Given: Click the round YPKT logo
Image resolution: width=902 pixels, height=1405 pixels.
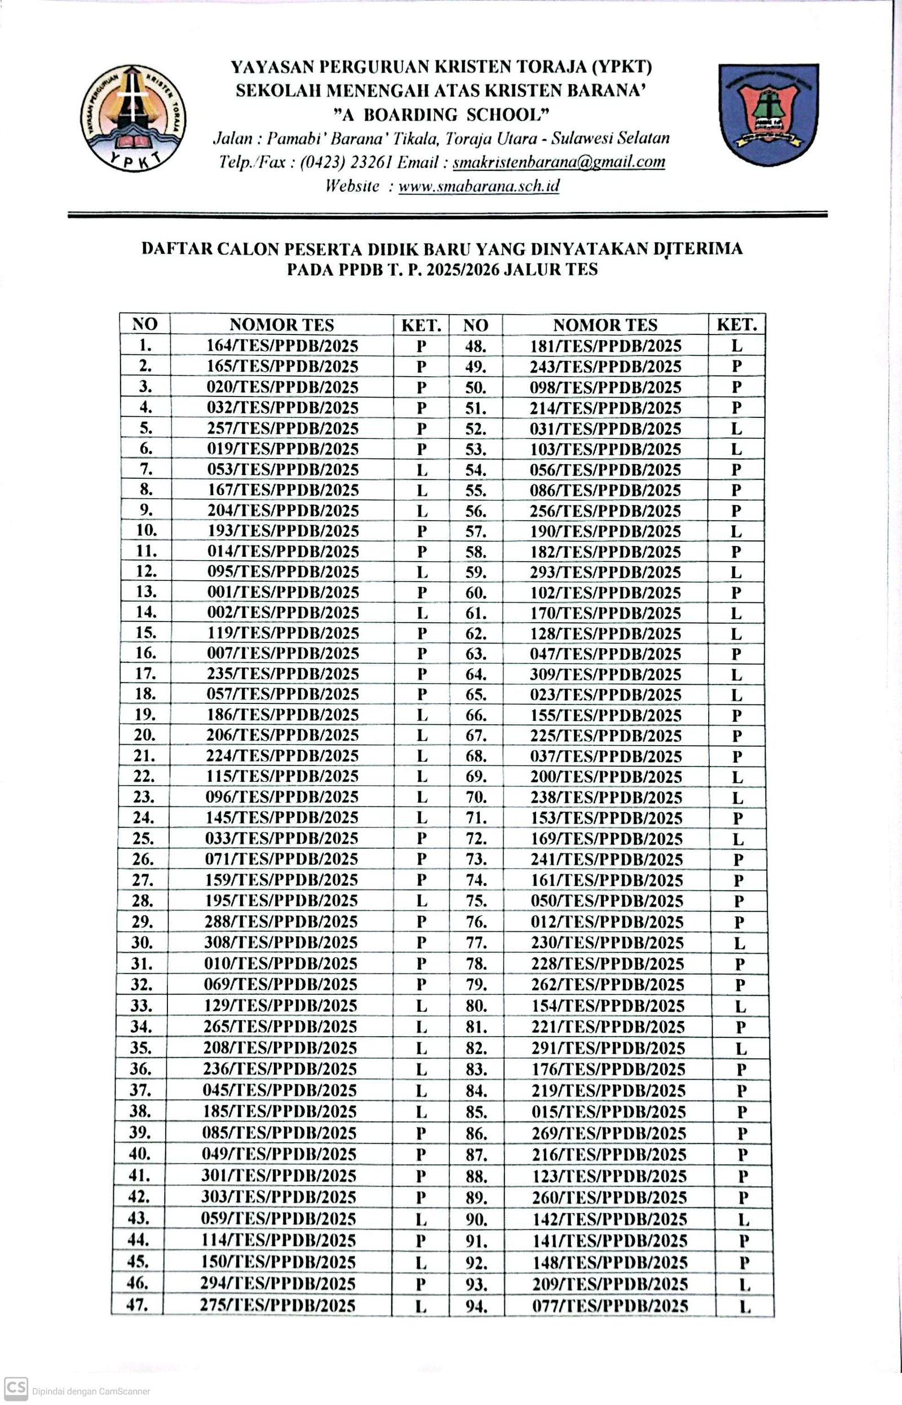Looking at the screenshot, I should point(134,118).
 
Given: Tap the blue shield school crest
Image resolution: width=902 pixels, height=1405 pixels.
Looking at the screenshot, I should point(768,114).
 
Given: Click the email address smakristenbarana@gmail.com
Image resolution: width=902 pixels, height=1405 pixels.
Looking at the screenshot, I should point(559,162).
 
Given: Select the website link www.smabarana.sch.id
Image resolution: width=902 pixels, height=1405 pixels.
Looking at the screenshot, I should point(479,186).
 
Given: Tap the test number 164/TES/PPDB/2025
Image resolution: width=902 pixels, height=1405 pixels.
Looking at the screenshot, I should point(282,346).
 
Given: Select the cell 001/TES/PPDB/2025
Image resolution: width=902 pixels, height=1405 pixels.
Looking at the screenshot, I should point(282,592).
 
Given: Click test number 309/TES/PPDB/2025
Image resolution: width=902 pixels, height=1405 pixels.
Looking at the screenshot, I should point(605,675).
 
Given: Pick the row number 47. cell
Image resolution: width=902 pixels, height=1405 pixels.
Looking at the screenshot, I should point(137,1304).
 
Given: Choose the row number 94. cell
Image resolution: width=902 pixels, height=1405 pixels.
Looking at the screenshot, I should point(476,1305).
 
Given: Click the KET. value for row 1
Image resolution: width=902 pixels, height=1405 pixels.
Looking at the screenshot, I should point(421,346).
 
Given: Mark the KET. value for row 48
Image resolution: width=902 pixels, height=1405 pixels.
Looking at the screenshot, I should point(736,346).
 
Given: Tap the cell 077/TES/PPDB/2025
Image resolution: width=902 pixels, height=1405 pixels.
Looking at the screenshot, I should point(610,1305).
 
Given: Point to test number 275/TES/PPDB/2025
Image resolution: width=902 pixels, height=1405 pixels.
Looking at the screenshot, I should point(277,1305).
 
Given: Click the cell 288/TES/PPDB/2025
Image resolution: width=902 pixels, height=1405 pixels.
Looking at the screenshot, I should point(281,922).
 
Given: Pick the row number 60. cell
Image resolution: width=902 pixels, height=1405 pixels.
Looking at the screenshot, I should point(476,593).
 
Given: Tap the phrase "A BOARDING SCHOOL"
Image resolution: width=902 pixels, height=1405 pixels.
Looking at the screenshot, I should point(441,114).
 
